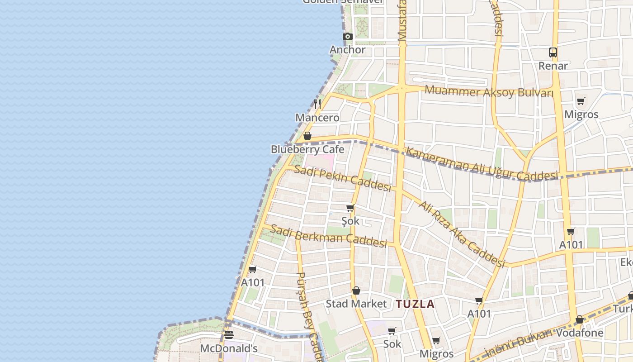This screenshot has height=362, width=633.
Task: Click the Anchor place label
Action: [x=347, y=50]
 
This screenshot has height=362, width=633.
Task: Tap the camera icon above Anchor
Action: [x=347, y=37]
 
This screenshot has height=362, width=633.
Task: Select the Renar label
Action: [x=553, y=66]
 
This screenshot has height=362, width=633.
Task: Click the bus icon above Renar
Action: [x=553, y=52]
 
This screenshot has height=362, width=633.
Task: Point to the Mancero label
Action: [x=317, y=118]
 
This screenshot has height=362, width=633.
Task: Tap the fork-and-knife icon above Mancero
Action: [x=317, y=104]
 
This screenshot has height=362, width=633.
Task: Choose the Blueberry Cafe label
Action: [x=307, y=149]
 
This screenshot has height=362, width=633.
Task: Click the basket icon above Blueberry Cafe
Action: [x=307, y=136]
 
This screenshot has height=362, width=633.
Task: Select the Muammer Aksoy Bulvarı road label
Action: [x=489, y=91]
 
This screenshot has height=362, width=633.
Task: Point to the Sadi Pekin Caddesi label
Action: [x=342, y=178]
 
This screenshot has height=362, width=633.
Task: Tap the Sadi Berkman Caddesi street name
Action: [x=329, y=236]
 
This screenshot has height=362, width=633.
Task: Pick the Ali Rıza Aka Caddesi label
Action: [x=461, y=234]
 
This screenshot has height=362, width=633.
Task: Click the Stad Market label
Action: [x=356, y=304]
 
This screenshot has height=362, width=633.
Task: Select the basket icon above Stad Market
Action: [x=356, y=291]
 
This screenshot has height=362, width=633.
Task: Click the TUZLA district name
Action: [x=415, y=304]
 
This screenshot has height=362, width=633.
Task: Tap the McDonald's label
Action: [x=229, y=348]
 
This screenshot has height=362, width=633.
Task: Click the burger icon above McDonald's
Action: [x=229, y=335]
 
